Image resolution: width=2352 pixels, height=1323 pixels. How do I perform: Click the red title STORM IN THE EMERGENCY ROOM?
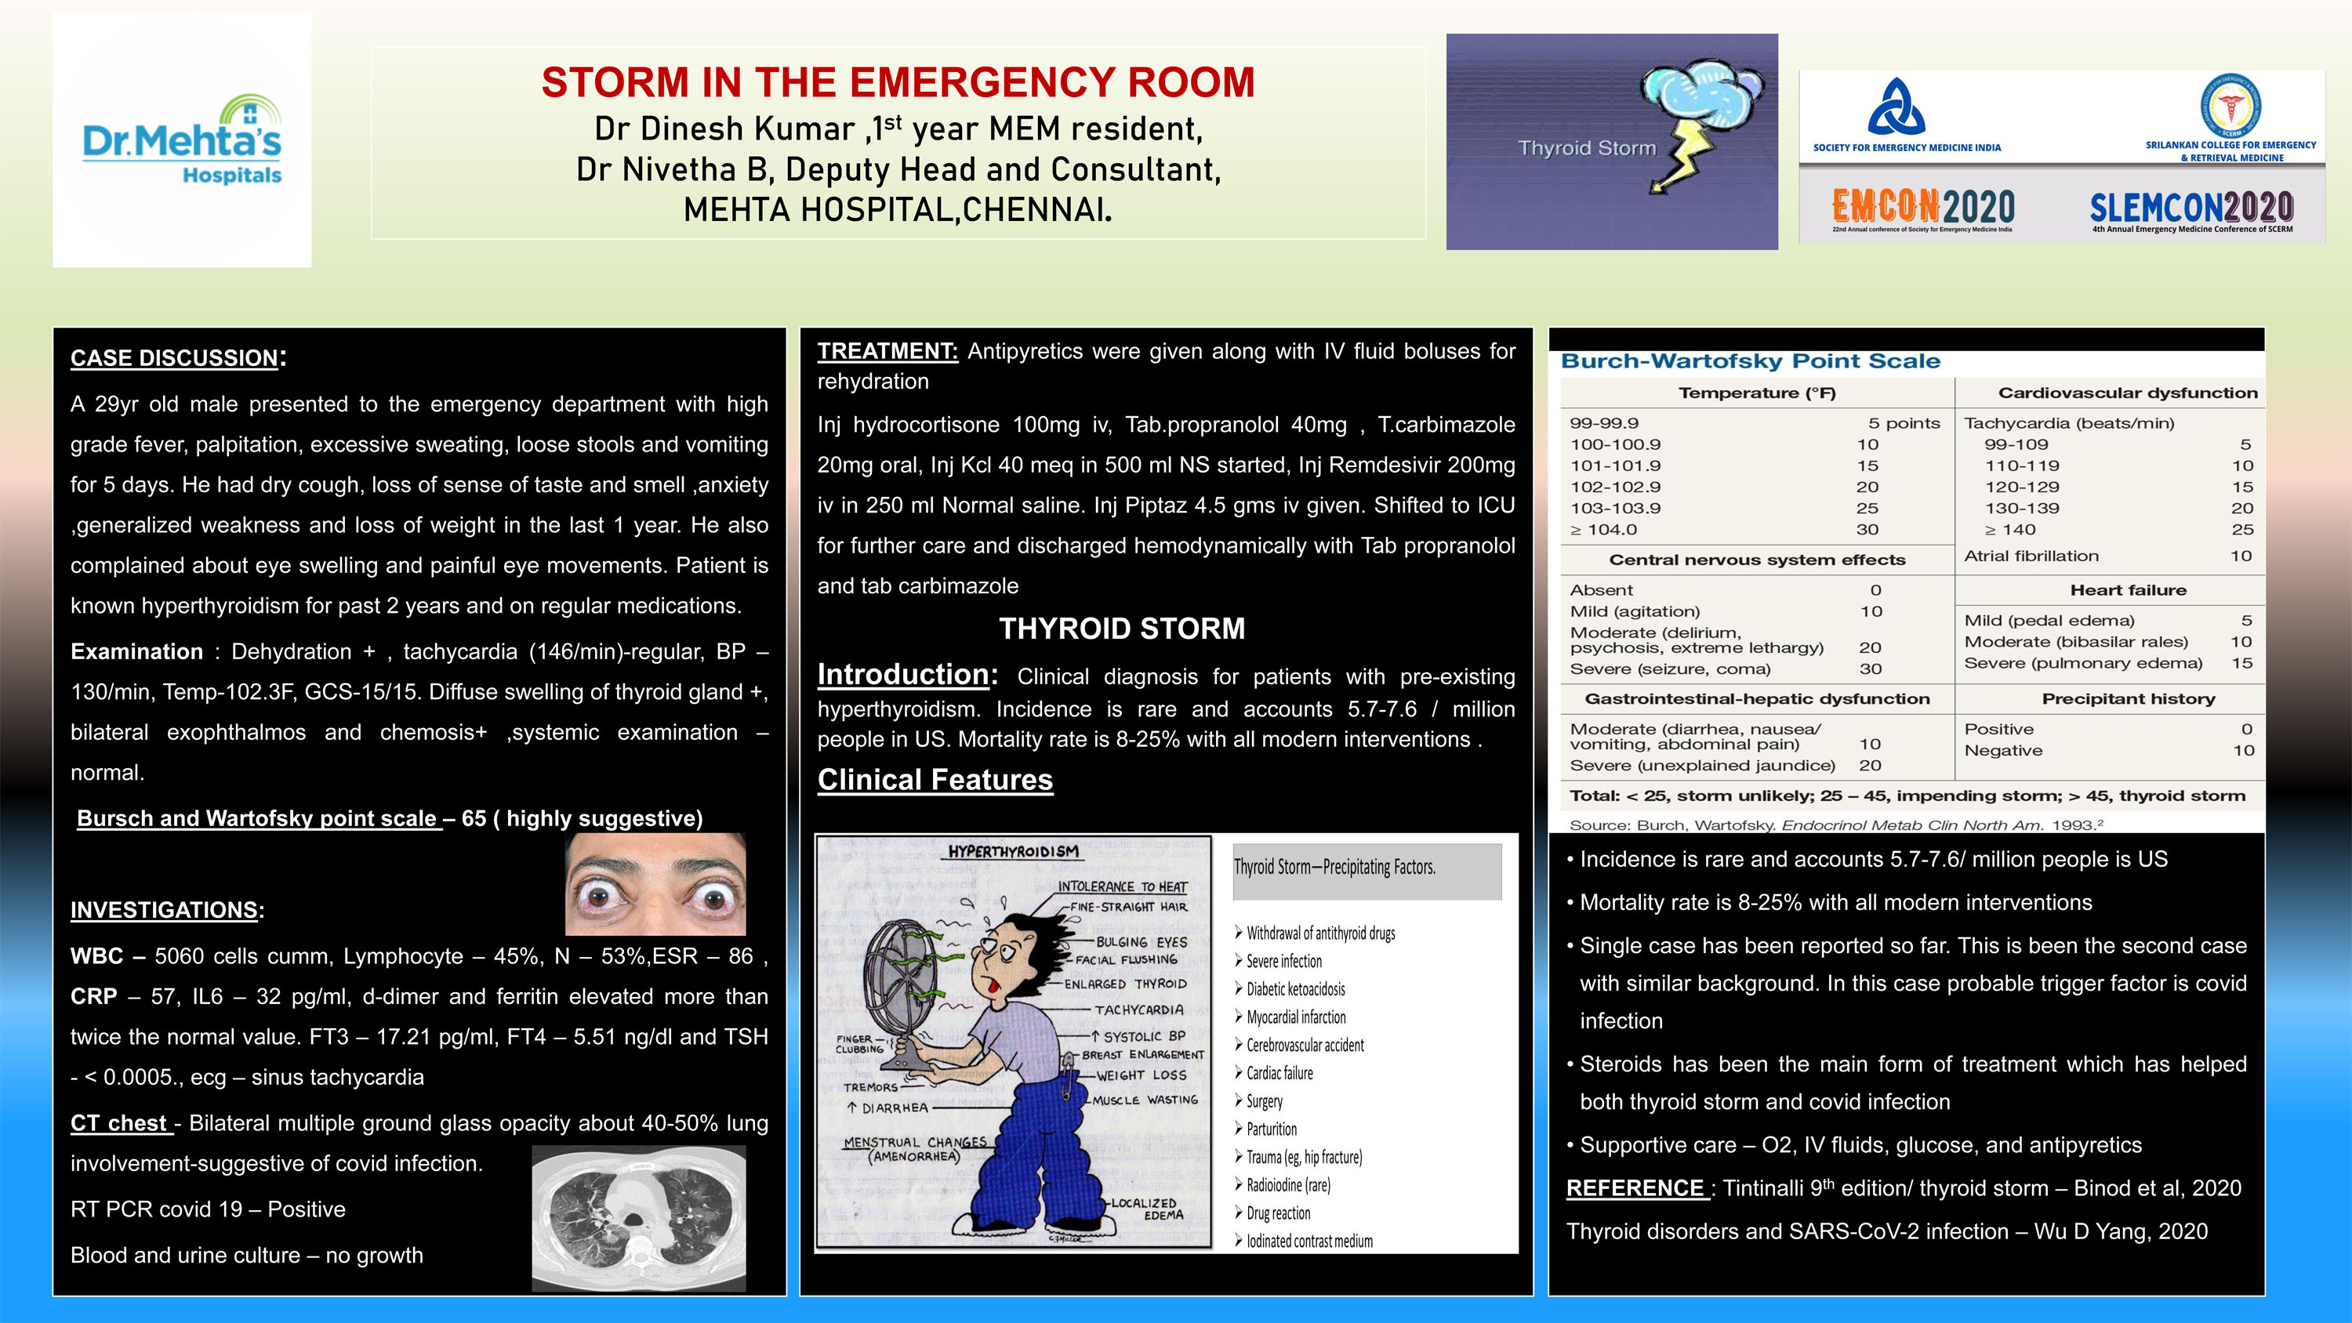(898, 82)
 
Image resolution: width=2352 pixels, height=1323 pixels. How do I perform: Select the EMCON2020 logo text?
(1923, 207)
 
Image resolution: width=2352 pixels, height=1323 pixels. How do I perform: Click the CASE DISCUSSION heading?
(174, 358)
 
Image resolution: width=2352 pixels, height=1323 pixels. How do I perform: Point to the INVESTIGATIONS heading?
(165, 909)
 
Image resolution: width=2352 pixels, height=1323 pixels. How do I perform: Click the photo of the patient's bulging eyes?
(655, 884)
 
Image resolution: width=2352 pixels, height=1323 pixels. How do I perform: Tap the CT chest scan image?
(638, 1218)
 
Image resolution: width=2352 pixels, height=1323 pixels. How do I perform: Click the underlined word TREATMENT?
(887, 352)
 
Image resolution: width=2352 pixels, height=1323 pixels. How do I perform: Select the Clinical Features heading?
(935, 780)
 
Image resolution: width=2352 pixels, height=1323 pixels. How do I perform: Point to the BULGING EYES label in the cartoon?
(1142, 941)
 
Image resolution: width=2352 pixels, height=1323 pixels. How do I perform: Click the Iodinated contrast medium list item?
(1308, 1241)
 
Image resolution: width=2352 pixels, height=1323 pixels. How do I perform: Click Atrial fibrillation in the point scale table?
(2031, 556)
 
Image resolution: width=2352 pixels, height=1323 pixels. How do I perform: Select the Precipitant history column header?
(2128, 698)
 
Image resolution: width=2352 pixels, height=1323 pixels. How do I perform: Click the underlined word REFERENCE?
(1635, 1188)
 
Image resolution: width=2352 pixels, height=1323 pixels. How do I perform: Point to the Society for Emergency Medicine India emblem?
(1896, 107)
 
